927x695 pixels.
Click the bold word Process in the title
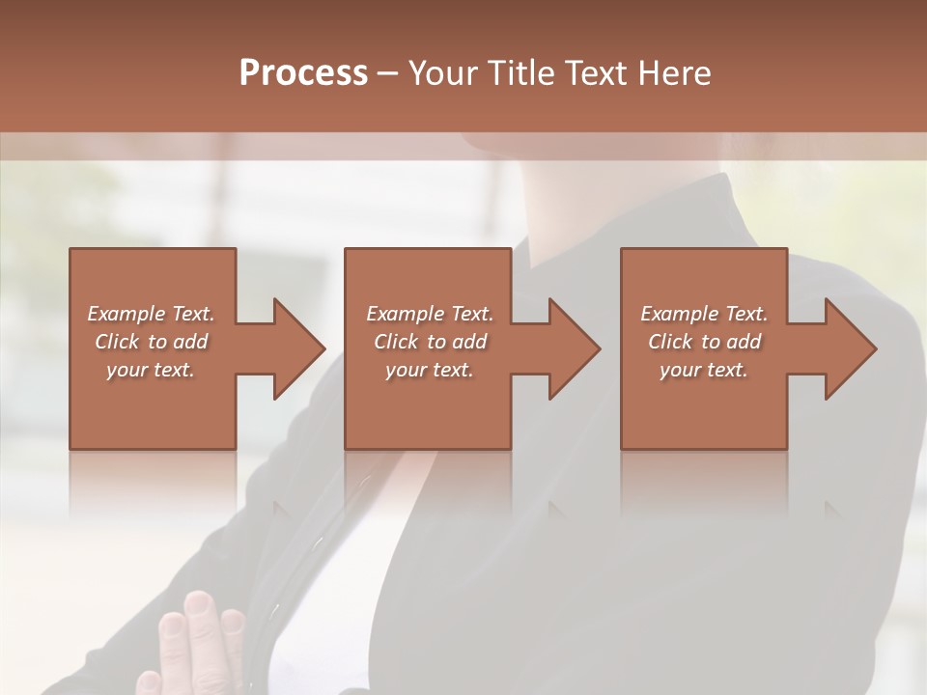303,73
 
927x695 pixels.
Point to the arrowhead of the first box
300,348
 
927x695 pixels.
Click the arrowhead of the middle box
576,348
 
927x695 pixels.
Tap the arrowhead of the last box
852,348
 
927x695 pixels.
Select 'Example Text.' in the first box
151,314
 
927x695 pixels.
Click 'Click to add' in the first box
151,342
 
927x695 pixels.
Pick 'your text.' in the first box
151,370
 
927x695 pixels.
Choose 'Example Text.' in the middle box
429,314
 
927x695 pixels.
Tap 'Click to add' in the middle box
429,342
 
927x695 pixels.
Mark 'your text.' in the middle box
429,370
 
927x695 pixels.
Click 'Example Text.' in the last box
704,314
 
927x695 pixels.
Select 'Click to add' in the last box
704,342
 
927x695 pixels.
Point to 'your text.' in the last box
704,370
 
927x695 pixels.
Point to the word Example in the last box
679,314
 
